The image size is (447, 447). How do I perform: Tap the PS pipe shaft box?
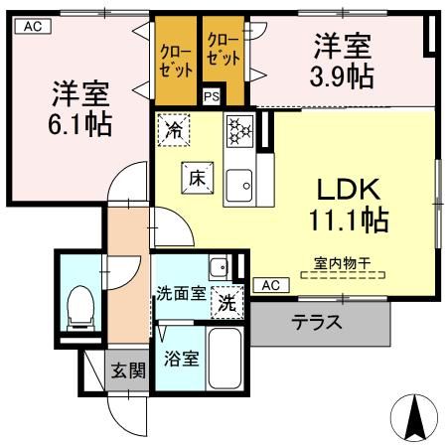(x=212, y=96)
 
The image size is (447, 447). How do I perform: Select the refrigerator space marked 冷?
(x=174, y=130)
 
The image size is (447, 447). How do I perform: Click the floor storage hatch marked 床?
(x=198, y=178)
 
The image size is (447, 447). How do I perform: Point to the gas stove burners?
(x=240, y=131)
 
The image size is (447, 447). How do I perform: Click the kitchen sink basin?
(x=239, y=186)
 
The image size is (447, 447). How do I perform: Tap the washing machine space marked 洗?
(x=227, y=302)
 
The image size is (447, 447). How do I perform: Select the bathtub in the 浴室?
(x=225, y=359)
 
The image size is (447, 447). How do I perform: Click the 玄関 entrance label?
(x=128, y=371)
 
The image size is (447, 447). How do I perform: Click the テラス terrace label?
(x=317, y=322)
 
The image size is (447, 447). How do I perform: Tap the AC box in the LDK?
(x=271, y=285)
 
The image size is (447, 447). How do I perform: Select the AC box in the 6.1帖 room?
(x=33, y=26)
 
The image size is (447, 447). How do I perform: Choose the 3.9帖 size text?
(x=342, y=76)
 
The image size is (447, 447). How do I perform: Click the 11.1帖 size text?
(x=349, y=220)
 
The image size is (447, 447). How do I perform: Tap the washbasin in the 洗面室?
(x=219, y=267)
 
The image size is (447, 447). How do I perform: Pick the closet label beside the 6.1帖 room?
(x=176, y=62)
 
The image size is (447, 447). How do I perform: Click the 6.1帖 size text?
(x=80, y=124)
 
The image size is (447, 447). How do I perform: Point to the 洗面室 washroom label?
(x=181, y=293)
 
